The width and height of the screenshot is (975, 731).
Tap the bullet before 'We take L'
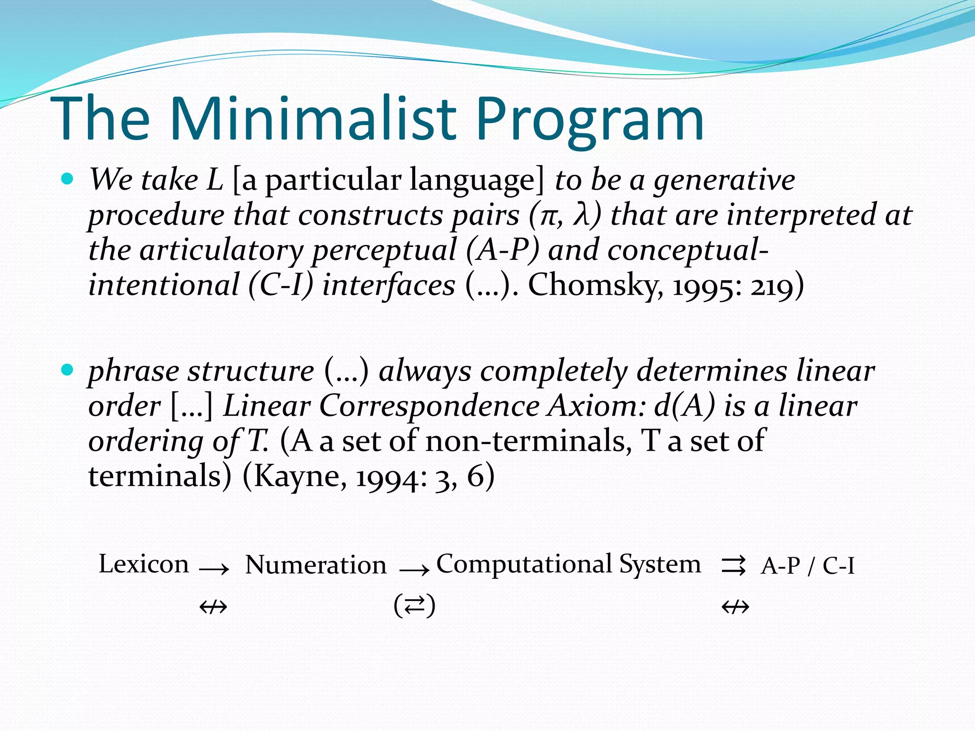point(68,179)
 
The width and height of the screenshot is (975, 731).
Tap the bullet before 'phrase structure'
point(68,370)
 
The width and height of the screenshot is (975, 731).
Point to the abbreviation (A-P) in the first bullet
point(502,250)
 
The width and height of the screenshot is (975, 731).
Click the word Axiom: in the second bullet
point(597,406)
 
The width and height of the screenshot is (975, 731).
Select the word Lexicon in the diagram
point(144,564)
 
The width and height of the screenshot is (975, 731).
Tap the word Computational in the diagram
point(524,564)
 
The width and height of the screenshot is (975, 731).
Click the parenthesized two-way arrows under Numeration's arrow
point(414,606)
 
